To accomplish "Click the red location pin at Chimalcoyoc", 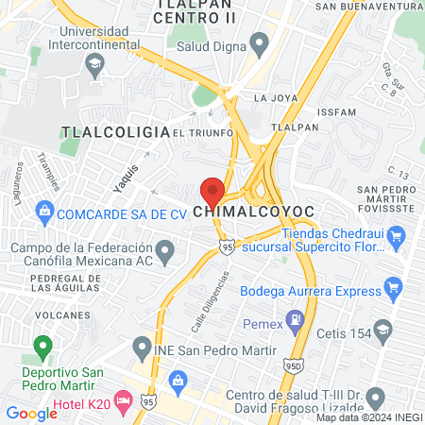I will click(x=212, y=190).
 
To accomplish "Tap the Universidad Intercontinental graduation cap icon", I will click(x=94, y=65).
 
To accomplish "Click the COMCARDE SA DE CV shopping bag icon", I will click(x=43, y=212).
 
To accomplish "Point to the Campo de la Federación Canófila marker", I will click(x=166, y=252).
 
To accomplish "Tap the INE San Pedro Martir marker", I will click(x=142, y=347).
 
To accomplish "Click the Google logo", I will click(x=31, y=413).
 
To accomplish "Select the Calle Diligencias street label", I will click(x=212, y=300).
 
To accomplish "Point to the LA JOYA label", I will click(x=274, y=97).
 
